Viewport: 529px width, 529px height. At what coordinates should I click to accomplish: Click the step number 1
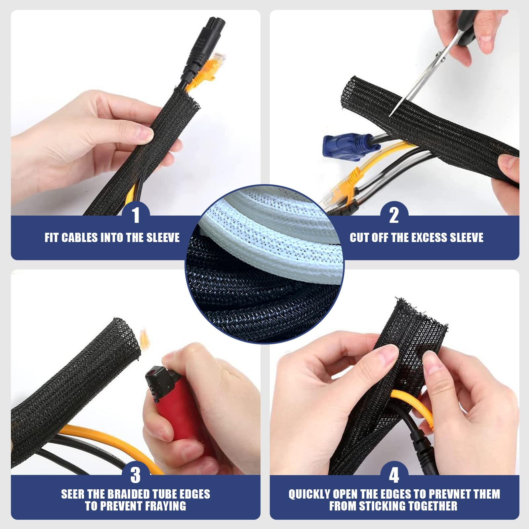pyautogui.click(x=136, y=215)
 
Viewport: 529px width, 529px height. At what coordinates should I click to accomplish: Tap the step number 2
pyautogui.click(x=394, y=215)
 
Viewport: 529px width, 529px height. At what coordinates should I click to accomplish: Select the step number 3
pyautogui.click(x=136, y=475)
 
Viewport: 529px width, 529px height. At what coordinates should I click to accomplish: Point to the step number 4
pyautogui.click(x=394, y=475)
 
